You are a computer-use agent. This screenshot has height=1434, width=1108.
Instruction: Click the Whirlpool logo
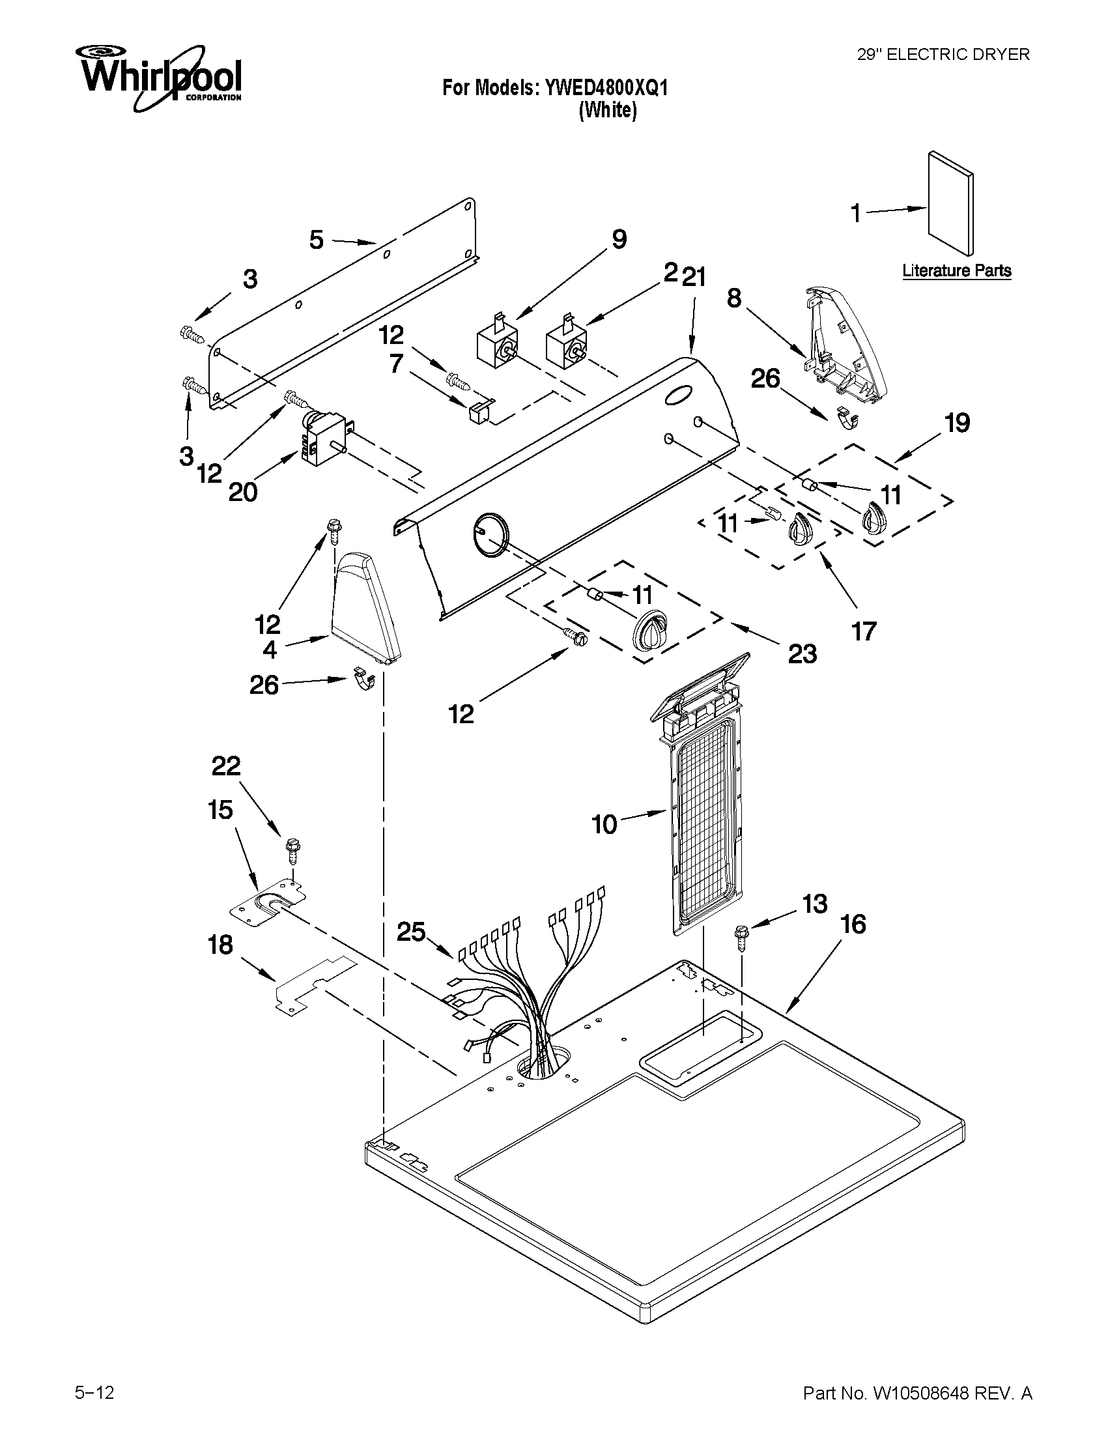click(x=160, y=77)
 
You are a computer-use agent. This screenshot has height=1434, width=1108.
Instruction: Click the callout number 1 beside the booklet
click(x=856, y=214)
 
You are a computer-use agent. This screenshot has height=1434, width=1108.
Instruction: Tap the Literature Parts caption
click(x=956, y=270)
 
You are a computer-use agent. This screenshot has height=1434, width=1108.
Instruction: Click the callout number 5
click(x=317, y=240)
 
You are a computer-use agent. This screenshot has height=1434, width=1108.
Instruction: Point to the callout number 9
click(x=619, y=239)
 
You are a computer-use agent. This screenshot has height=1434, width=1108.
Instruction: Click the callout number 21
click(x=694, y=278)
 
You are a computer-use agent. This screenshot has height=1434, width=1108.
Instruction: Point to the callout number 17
click(x=864, y=631)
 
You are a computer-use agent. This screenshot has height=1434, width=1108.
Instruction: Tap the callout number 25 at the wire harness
click(x=412, y=932)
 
